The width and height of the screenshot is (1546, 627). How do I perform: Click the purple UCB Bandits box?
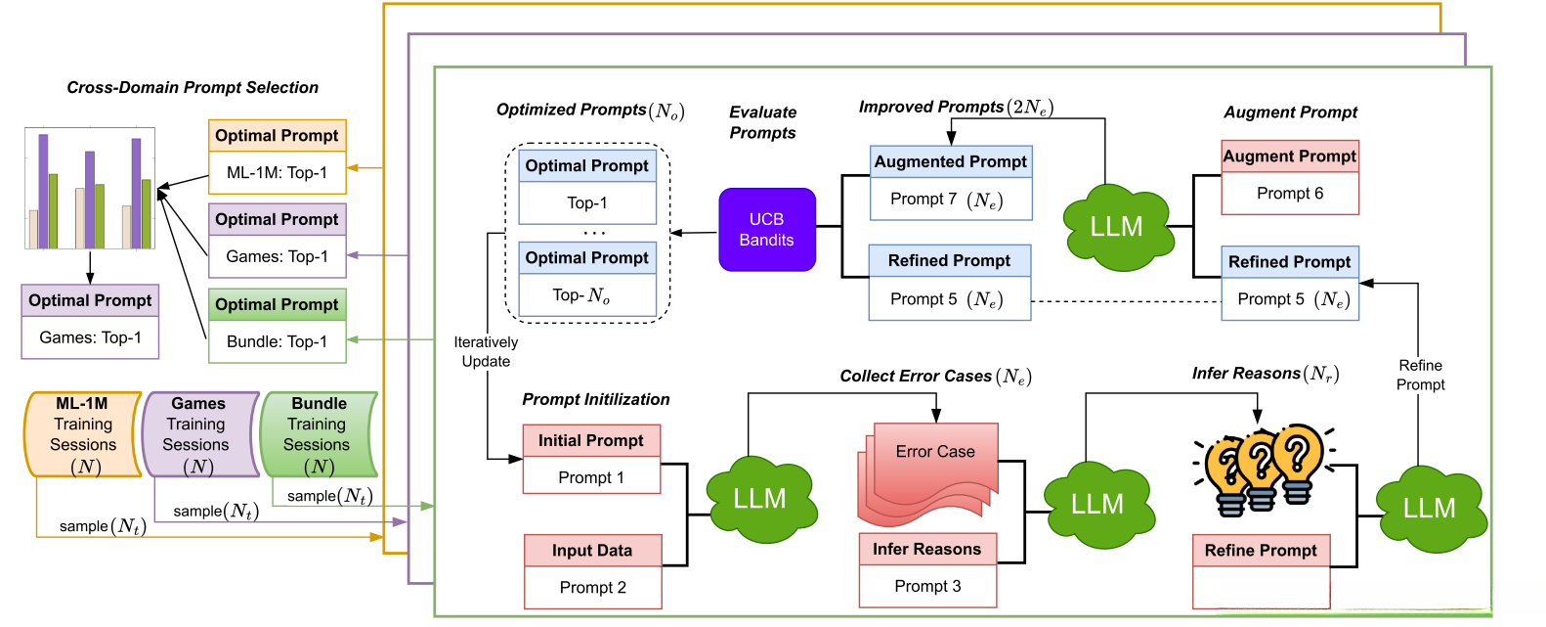(x=766, y=230)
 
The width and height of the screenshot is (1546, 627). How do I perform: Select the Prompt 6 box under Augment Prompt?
(x=1290, y=194)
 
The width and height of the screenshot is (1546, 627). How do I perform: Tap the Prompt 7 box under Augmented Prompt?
(x=950, y=200)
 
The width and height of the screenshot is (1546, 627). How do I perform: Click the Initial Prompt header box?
(x=591, y=440)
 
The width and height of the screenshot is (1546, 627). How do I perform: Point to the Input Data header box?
(x=592, y=551)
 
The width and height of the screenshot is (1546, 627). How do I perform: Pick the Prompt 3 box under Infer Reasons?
(x=927, y=586)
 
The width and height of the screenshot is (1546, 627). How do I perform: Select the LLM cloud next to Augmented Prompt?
(x=1116, y=227)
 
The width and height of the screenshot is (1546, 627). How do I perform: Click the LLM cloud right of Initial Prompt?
(x=759, y=499)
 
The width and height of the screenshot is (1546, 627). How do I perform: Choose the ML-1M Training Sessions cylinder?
(x=83, y=434)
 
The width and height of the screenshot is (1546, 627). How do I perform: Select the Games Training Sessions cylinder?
(x=198, y=434)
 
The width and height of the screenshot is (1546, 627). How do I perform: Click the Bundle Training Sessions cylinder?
(x=319, y=434)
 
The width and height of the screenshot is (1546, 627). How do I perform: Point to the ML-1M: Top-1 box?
(x=278, y=173)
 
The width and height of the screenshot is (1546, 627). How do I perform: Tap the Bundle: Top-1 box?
(x=278, y=341)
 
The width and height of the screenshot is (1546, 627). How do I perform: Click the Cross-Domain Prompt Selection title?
(x=193, y=88)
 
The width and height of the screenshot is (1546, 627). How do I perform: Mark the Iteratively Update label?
(x=486, y=352)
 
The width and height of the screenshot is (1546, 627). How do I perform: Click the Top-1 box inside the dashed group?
(x=587, y=203)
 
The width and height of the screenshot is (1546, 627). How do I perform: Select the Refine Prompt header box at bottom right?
(x=1261, y=551)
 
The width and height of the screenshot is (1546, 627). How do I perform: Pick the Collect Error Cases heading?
(x=935, y=377)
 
